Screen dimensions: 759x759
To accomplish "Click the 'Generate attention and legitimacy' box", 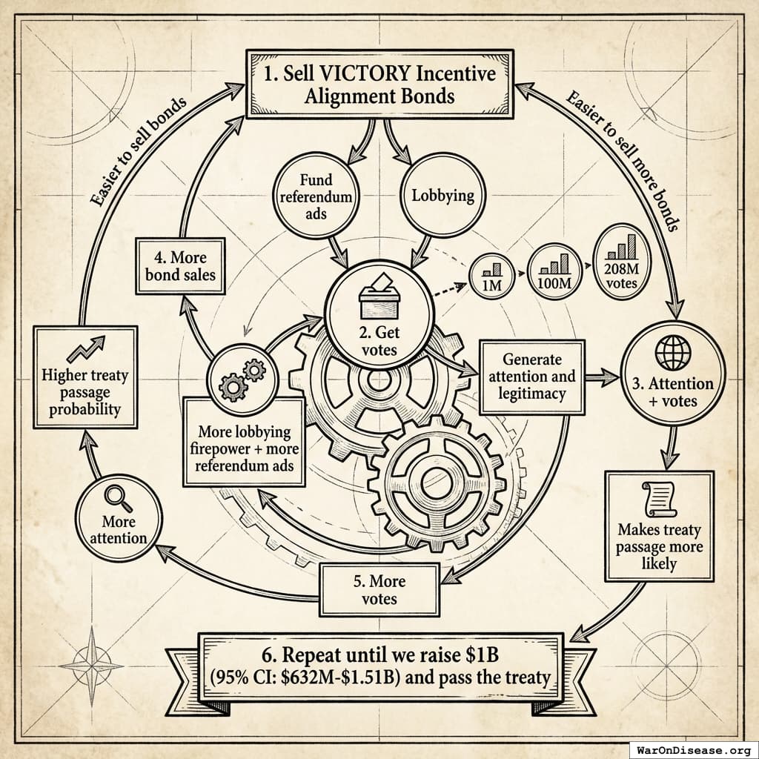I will (x=532, y=377).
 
